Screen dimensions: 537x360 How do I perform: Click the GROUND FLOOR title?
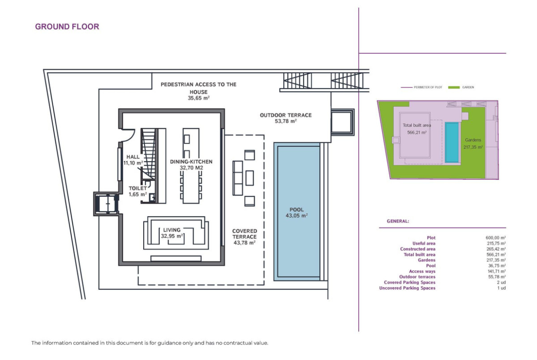click(67, 27)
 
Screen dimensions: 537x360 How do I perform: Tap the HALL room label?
click(133, 157)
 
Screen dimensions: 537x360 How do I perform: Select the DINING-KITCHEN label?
click(191, 161)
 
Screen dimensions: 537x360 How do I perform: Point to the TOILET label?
click(138, 188)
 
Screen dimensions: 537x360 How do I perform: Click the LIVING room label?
click(172, 230)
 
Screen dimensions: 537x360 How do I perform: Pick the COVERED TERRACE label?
click(245, 234)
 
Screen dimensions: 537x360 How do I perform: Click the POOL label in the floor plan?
click(296, 210)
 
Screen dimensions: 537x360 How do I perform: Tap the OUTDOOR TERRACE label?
click(285, 115)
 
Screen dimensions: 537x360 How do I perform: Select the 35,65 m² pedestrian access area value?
click(199, 98)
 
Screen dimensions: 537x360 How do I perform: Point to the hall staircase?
click(148, 154)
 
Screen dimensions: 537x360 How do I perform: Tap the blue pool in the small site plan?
click(452, 142)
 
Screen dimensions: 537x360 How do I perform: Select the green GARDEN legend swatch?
click(454, 87)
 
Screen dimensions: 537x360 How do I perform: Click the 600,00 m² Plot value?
click(496, 238)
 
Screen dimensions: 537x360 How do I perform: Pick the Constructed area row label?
click(418, 249)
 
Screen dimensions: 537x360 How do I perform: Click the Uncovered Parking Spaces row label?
click(407, 288)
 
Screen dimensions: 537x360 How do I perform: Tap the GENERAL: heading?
click(398, 221)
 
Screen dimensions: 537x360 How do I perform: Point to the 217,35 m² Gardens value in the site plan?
click(473, 147)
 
